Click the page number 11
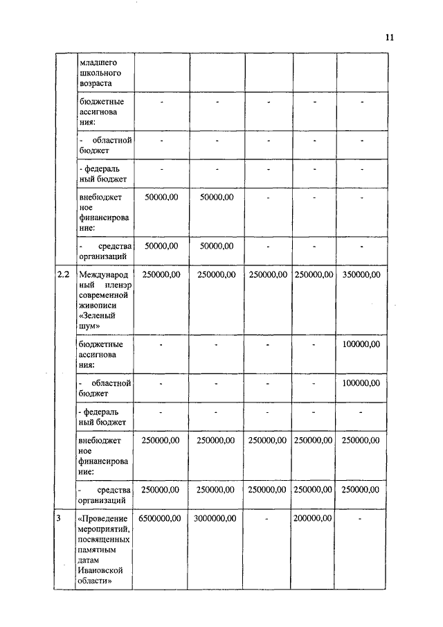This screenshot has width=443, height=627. coord(389,38)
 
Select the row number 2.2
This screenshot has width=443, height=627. coord(63,275)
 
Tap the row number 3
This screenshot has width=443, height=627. coord(60,518)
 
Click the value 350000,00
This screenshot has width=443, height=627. coord(361,275)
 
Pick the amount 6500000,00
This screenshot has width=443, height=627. coord(160,518)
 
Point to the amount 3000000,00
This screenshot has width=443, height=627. coord(215,518)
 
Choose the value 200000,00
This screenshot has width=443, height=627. coord(313,518)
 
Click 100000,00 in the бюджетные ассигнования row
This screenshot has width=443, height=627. coord(361,344)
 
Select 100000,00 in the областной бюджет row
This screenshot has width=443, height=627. coord(361,382)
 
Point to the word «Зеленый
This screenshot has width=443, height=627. coord(97,317)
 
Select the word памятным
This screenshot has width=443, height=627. coord(97,549)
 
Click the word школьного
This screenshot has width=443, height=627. coord(100,72)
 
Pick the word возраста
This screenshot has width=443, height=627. coord(97,83)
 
